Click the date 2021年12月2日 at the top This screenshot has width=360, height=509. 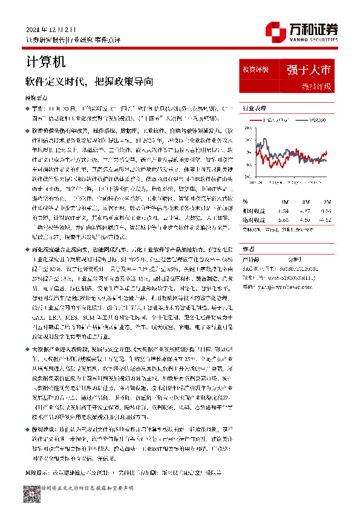(x=53, y=29)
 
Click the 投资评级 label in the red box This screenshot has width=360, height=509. (x=255, y=69)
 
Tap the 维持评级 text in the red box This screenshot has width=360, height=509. (x=316, y=86)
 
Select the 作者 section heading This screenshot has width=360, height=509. (x=248, y=249)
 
